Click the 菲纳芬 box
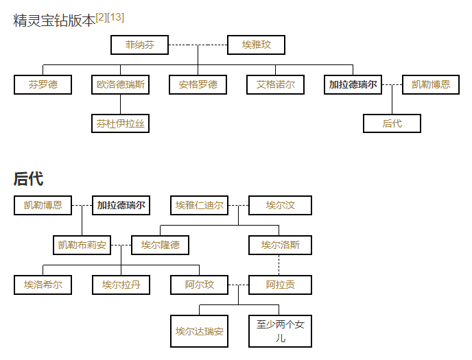coord(139,45)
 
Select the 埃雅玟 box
coord(256,45)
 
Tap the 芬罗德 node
coord(43,85)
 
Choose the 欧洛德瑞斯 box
coord(120,85)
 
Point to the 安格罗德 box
coord(198,85)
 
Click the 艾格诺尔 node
coord(275,85)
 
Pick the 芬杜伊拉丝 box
coord(120,124)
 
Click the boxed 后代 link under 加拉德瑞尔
coord(392,124)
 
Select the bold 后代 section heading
coord(28,180)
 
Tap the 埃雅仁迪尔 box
coord(199,205)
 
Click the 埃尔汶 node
coord(280,205)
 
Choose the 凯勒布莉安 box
coord(82,245)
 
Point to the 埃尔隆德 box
coord(160,245)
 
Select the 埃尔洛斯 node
coord(280,245)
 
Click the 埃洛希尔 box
coord(43,285)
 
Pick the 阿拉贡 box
coord(280,285)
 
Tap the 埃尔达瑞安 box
coord(199,331)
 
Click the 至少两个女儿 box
coord(280,331)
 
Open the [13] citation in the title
coord(117,17)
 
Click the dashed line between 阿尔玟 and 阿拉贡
coord(238,285)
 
